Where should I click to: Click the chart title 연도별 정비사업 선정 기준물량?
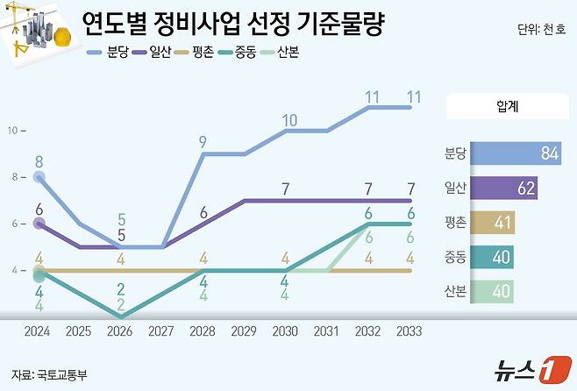233,23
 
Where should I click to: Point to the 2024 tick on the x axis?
39,331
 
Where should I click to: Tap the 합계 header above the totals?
505,108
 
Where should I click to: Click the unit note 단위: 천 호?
541,30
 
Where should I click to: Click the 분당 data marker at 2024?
39,177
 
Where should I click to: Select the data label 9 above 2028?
203,141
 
